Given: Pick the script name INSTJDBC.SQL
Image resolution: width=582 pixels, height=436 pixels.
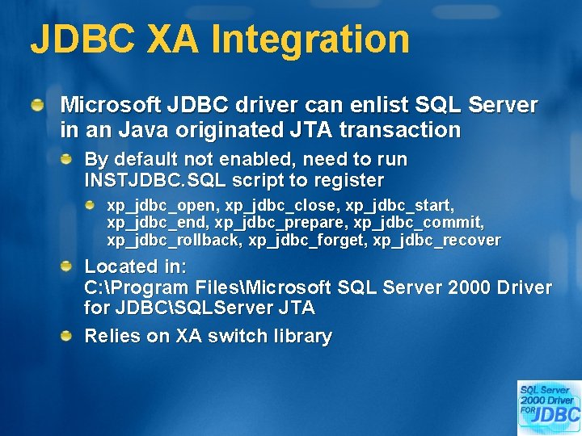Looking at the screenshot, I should click(x=154, y=179).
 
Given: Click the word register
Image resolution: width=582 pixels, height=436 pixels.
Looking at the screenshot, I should click(x=352, y=179).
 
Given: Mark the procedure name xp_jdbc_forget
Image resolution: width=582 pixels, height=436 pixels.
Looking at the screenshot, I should click(x=306, y=241).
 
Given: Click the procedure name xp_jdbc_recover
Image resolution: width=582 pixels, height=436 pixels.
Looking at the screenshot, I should click(x=436, y=241).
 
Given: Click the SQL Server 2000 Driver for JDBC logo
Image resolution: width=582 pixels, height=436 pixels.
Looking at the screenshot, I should click(x=549, y=407).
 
